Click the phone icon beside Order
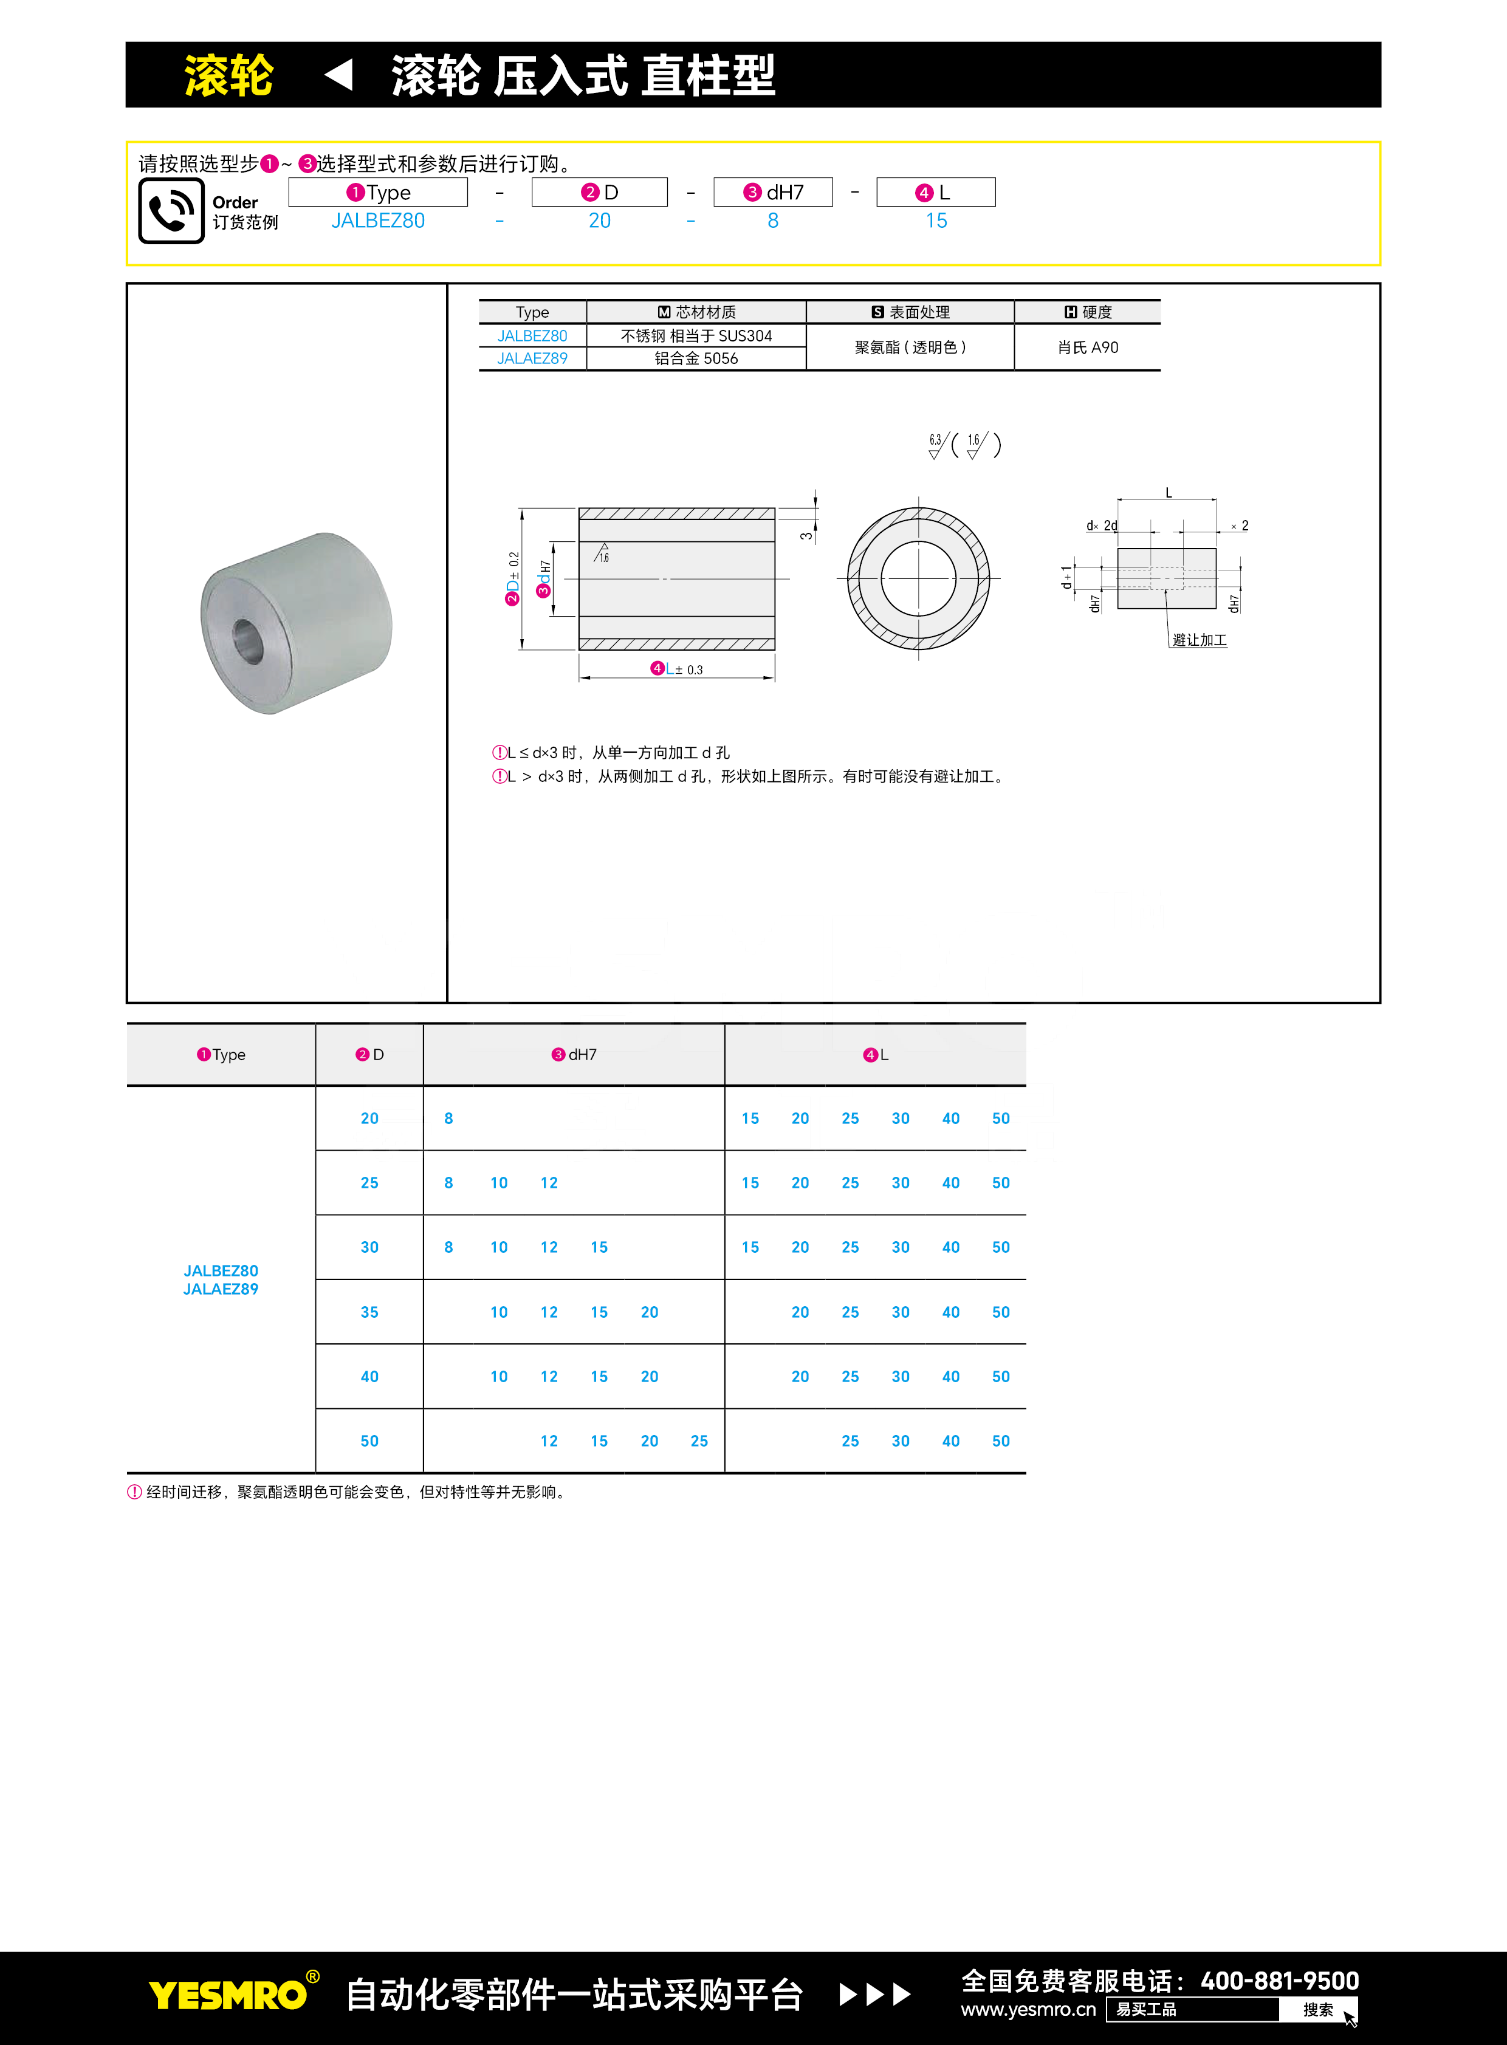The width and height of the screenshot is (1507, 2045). [x=171, y=211]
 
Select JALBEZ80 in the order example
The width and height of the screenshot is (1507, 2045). [x=378, y=221]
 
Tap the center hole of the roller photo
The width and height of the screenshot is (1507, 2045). [x=247, y=641]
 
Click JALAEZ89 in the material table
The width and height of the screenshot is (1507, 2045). [x=532, y=358]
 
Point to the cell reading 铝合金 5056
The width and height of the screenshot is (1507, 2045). [x=696, y=358]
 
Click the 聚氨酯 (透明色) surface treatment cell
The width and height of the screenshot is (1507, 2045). [x=910, y=348]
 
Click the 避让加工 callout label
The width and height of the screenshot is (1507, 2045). [x=1200, y=640]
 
